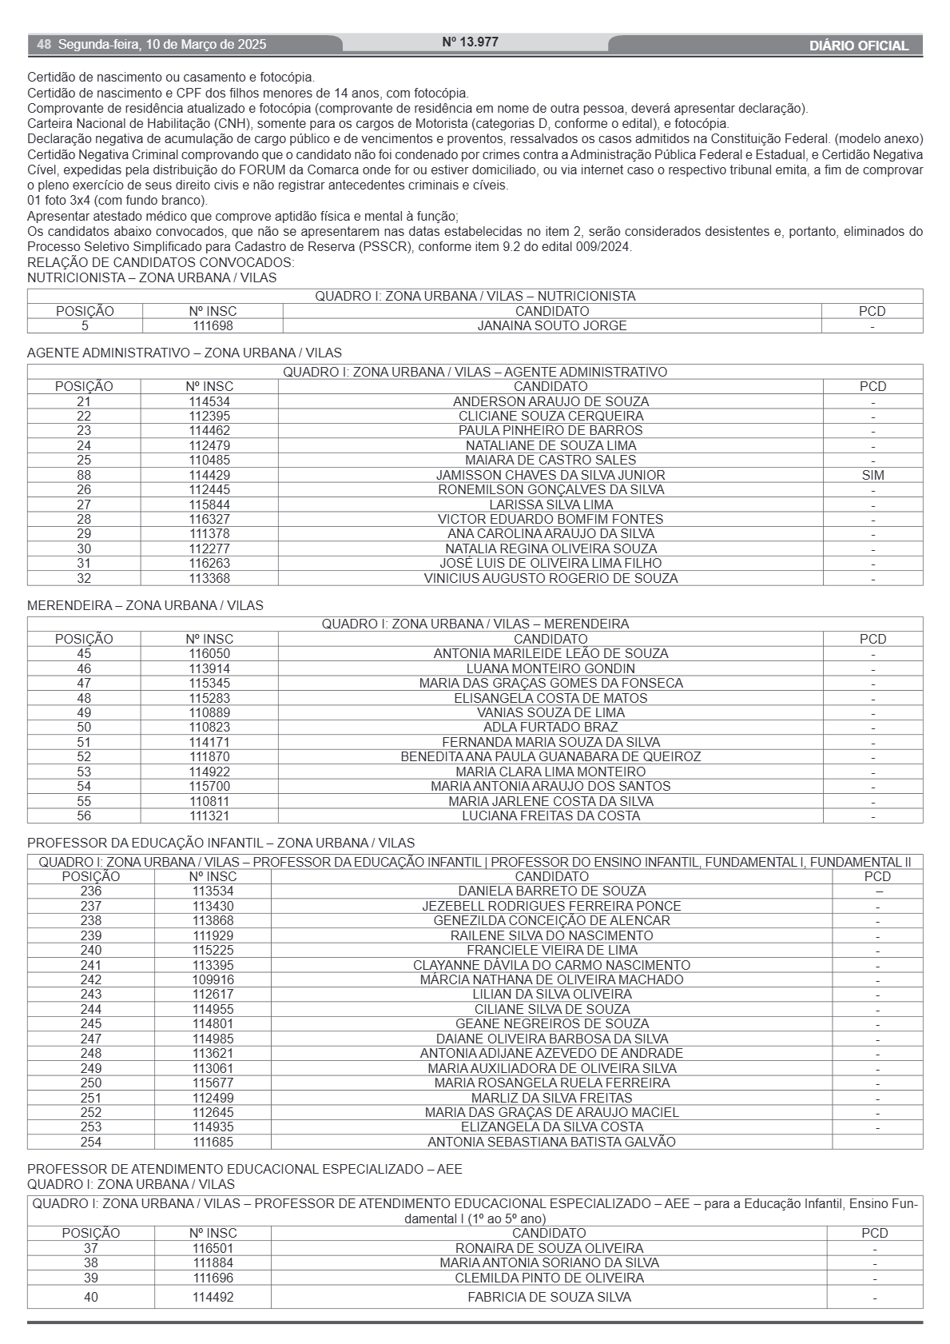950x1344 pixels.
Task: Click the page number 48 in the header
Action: (x=44, y=45)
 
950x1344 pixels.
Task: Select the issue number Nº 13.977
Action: (x=470, y=42)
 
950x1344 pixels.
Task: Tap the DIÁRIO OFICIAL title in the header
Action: (x=858, y=46)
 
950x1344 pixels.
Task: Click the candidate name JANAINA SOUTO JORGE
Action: (x=552, y=325)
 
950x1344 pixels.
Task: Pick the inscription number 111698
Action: (x=213, y=325)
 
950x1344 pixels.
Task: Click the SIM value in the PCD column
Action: (x=872, y=475)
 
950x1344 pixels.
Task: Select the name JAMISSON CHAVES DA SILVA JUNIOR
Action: (x=551, y=475)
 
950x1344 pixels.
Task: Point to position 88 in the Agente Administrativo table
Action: (x=84, y=475)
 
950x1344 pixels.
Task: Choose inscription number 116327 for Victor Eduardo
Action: (x=209, y=519)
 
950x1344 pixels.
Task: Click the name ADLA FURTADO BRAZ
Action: (x=551, y=727)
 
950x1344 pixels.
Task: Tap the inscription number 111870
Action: (x=209, y=756)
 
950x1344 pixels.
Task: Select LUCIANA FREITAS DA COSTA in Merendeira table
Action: (x=551, y=816)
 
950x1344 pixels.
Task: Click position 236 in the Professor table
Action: (x=91, y=891)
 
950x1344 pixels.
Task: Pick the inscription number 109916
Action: (x=213, y=979)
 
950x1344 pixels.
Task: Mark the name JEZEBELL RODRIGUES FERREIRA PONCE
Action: (x=551, y=906)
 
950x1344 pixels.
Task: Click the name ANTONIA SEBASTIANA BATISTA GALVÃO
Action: (x=551, y=1142)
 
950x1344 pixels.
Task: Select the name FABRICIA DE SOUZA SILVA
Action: (x=549, y=1297)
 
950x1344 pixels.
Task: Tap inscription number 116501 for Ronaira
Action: (x=213, y=1248)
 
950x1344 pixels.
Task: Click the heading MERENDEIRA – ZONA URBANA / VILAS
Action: (x=145, y=605)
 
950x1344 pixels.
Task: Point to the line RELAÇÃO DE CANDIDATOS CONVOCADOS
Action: (x=161, y=262)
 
